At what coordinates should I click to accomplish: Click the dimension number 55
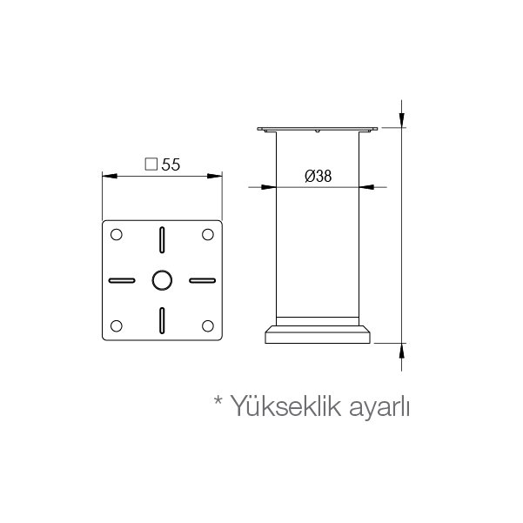tap(171, 164)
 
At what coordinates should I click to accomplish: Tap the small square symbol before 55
tap(151, 164)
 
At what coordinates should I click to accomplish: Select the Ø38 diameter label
tap(318, 176)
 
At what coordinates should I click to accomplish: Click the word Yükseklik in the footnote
tap(286, 406)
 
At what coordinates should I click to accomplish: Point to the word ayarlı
tap(379, 408)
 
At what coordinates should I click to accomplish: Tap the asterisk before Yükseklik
tap(218, 399)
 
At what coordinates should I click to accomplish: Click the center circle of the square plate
tap(162, 280)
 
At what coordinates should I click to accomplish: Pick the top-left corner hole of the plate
tap(116, 234)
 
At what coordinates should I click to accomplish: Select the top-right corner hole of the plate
tap(208, 234)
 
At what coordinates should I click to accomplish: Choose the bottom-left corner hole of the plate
tap(116, 325)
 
